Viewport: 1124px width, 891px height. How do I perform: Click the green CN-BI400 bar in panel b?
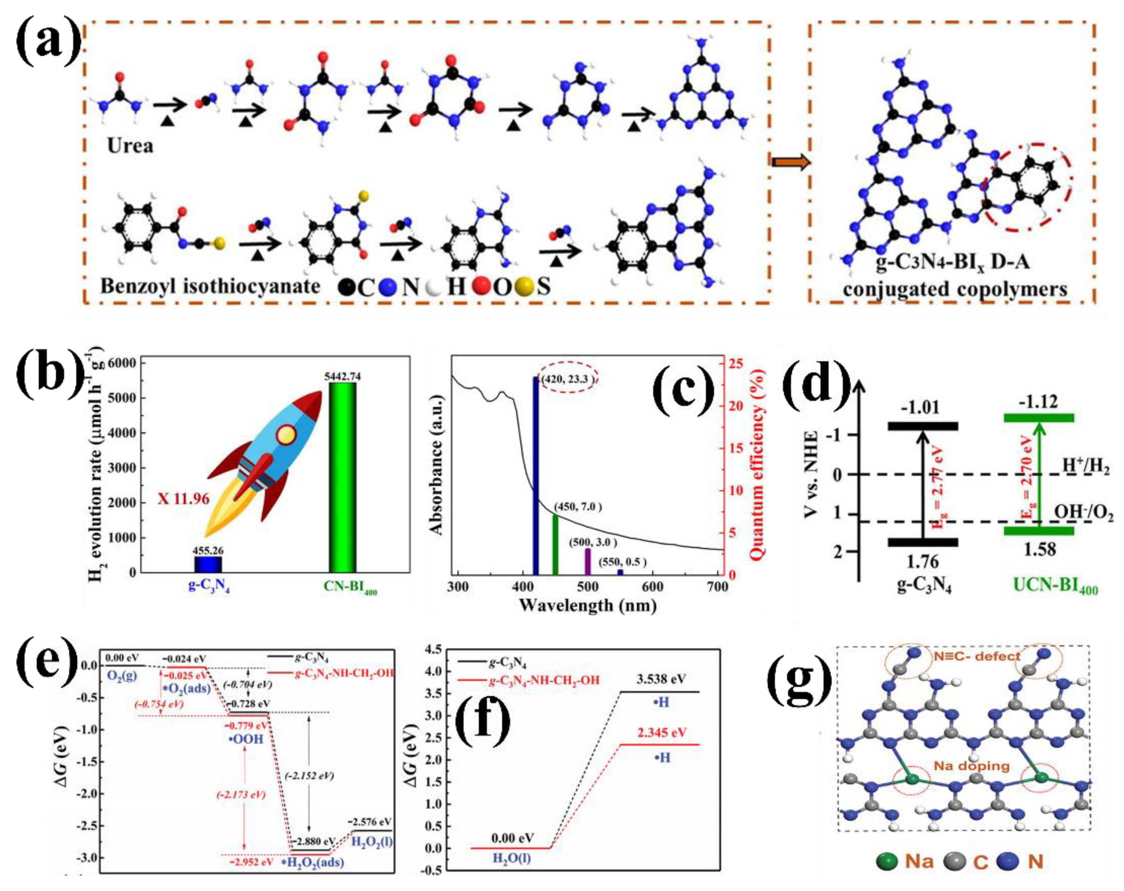tap(342, 477)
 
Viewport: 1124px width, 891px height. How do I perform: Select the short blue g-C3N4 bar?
tap(208, 564)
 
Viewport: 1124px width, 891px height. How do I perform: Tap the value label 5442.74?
tap(342, 376)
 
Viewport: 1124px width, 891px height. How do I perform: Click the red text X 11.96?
tap(183, 499)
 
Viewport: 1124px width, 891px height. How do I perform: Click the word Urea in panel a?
tap(130, 145)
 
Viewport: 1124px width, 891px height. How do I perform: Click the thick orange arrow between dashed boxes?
tap(791, 163)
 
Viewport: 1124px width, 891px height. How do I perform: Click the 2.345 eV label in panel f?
tap(661, 732)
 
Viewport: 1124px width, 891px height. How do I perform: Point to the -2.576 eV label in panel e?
tap(369, 822)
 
